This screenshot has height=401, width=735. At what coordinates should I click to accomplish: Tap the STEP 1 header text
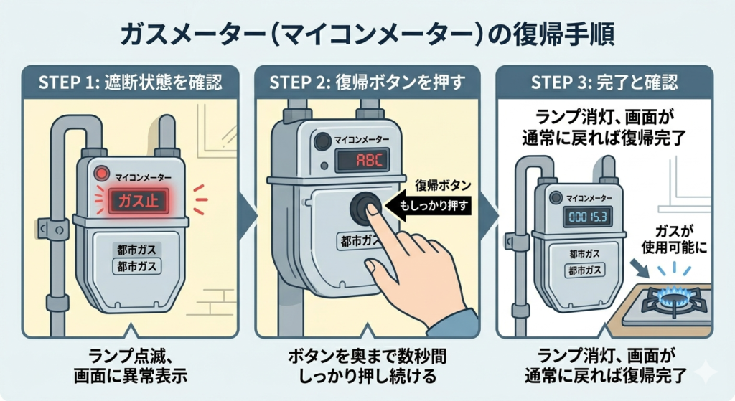tap(130, 82)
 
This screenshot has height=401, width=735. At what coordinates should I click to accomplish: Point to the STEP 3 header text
tap(604, 82)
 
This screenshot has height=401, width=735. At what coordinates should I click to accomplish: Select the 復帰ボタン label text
tap(444, 186)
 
